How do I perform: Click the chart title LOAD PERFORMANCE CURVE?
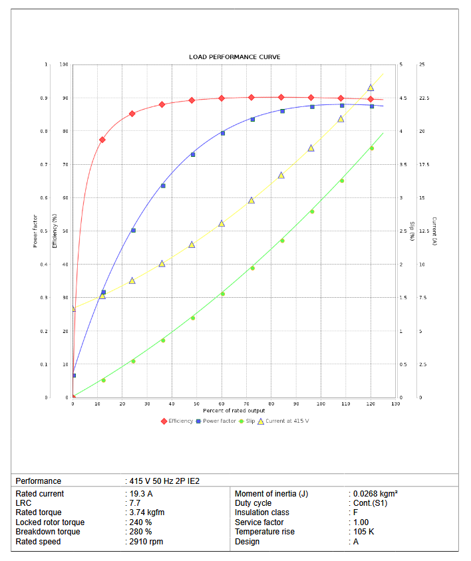pyautogui.click(x=234, y=57)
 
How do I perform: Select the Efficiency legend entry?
pyautogui.click(x=177, y=421)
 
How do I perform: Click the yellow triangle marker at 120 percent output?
pyautogui.click(x=371, y=88)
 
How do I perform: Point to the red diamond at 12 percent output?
pyautogui.click(x=102, y=140)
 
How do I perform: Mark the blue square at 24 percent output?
pyautogui.click(x=133, y=231)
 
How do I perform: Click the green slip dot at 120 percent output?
pyautogui.click(x=371, y=148)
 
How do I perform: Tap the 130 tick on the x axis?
pyautogui.click(x=396, y=403)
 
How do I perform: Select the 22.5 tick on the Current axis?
pyautogui.click(x=424, y=98)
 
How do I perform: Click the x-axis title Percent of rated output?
pyautogui.click(x=234, y=410)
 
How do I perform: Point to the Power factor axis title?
pyautogui.click(x=35, y=231)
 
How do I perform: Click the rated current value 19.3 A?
pyautogui.click(x=141, y=494)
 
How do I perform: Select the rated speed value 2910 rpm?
pyautogui.click(x=146, y=542)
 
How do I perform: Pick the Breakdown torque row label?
pyautogui.click(x=48, y=532)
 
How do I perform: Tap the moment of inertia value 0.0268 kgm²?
pyautogui.click(x=375, y=494)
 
